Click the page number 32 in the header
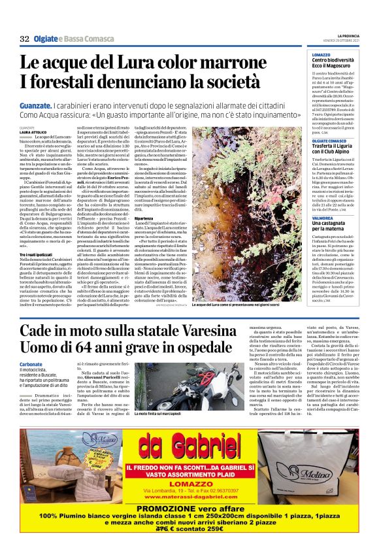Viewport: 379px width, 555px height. (24, 39)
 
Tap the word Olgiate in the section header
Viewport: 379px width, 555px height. (48, 39)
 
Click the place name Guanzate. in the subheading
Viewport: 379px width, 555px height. (35, 105)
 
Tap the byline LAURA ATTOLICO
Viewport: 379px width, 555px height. (33, 132)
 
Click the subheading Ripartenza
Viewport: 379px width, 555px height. (143, 218)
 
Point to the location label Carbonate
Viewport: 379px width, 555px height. (31, 363)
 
